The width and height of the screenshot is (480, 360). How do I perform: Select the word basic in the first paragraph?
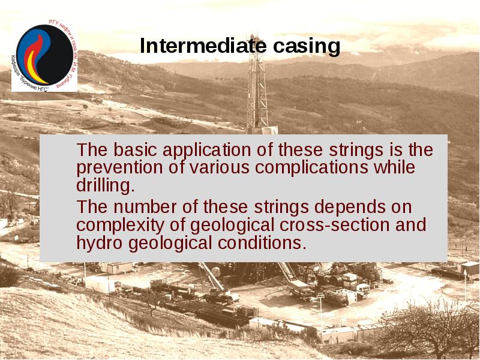pos(133,150)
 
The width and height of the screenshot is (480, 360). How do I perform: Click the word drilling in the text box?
pos(105,185)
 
